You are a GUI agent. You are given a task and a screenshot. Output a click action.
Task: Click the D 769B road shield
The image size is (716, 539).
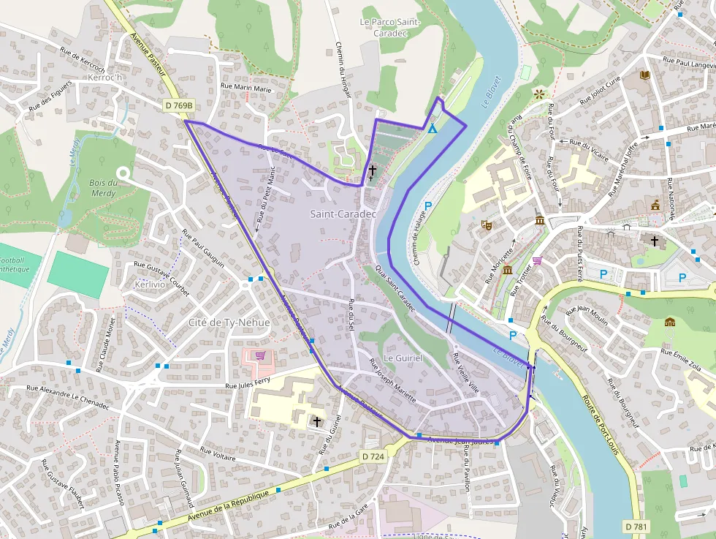(x=179, y=106)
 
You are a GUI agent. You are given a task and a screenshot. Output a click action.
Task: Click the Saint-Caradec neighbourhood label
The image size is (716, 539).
(x=343, y=214)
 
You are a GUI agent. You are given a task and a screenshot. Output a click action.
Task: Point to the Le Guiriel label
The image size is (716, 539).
(x=403, y=358)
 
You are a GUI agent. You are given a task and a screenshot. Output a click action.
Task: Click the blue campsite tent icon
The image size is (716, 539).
(x=433, y=129)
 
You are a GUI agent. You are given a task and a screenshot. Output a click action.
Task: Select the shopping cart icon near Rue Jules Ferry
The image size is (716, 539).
(x=260, y=356)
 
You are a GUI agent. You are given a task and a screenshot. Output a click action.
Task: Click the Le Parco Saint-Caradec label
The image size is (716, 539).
(x=390, y=28)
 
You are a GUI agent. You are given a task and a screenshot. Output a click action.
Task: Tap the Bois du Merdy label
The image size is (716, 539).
(x=104, y=188)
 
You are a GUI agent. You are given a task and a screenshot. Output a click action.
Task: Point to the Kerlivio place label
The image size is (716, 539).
(x=151, y=284)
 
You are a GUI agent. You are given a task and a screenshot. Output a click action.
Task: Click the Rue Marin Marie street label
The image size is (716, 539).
(x=245, y=88)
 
